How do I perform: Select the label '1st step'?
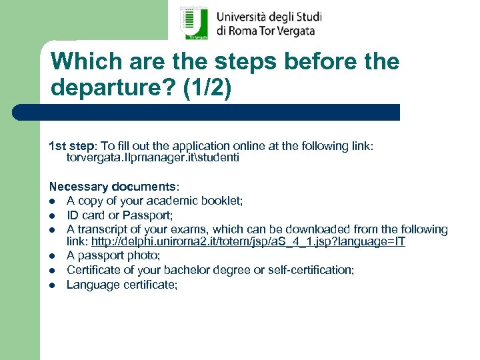73,145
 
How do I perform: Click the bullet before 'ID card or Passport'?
52,215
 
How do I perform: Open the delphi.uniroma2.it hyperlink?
248,241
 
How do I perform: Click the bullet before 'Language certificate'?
52,285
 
